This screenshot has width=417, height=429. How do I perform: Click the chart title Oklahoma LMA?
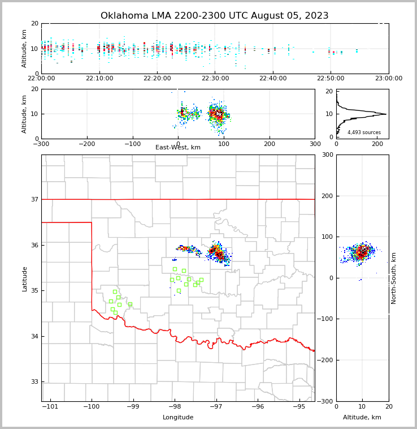tap(214, 16)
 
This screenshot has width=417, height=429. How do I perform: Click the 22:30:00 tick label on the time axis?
tap(215, 79)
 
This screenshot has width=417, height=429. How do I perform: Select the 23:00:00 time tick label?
tap(388, 79)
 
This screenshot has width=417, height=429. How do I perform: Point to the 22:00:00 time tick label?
tap(41, 79)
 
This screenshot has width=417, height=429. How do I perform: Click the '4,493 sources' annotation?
tap(364, 132)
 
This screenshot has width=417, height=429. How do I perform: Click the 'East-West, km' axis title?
tap(178, 148)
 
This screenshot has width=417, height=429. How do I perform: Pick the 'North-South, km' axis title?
tap(394, 278)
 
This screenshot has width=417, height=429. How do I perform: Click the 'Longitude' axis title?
tap(178, 418)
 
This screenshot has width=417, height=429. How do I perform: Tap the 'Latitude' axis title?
tap(25, 278)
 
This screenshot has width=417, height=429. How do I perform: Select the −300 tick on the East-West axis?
tap(41, 144)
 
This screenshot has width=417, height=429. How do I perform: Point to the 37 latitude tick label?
tap(34, 199)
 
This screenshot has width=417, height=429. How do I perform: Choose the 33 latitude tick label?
tap(34, 381)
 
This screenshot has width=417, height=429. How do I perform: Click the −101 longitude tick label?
tap(50, 407)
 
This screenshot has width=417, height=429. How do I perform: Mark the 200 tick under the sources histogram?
tap(377, 144)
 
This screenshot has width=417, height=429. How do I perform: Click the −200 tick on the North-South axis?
tap(327, 360)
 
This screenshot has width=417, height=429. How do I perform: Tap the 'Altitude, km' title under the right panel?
tap(362, 418)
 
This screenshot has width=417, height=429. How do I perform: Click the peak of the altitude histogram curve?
tap(386, 114)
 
